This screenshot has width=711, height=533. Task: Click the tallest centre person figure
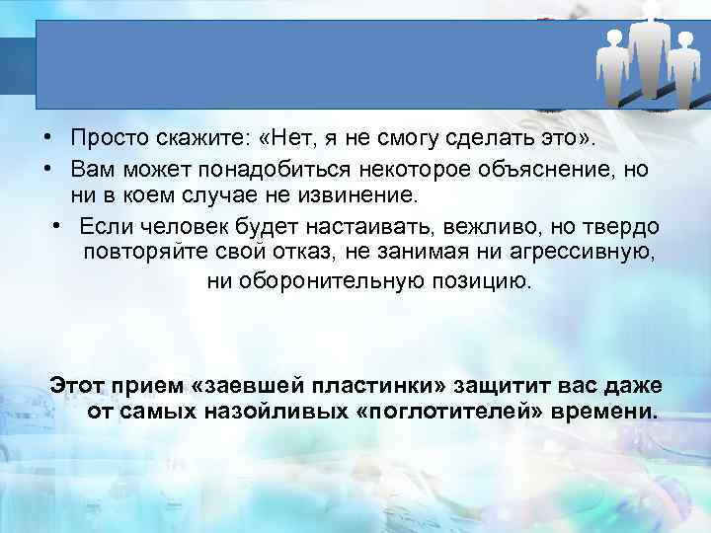point(648,54)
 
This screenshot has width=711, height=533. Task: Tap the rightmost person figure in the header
point(682,69)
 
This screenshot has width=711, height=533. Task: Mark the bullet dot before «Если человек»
point(59,226)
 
